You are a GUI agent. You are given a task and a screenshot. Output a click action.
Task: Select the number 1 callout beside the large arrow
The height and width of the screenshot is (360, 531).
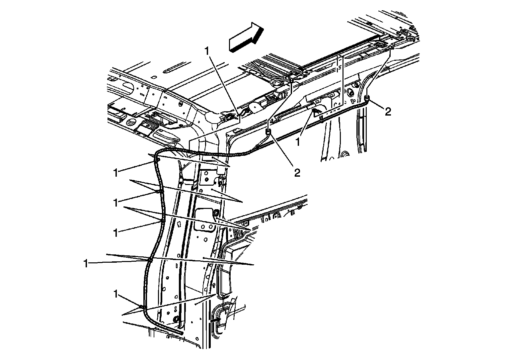coord(207,51)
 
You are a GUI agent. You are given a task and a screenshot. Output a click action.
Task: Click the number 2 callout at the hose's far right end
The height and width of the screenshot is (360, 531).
coord(388,112)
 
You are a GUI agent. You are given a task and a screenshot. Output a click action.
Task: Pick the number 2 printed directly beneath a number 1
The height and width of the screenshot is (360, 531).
coord(297,173)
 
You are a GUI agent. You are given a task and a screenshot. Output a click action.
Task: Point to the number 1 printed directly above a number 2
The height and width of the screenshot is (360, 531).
coord(298,142)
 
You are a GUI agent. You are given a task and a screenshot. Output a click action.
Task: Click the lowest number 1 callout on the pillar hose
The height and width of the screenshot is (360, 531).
coord(116,294)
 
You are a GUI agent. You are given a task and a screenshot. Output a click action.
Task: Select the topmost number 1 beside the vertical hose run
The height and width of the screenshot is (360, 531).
coord(116,173)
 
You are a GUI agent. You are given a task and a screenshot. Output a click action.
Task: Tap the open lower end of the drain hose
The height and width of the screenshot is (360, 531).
coord(182,333)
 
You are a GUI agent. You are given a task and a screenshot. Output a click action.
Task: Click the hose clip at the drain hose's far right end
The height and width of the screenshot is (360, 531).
coord(367,97)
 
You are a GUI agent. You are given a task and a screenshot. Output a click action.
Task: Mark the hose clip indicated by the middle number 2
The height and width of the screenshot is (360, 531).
coord(268,132)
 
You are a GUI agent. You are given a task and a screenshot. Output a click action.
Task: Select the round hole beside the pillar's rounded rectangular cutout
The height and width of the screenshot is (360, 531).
coord(216,212)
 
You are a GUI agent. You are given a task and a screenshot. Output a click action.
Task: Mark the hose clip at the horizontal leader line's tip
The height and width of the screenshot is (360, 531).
coord(150,260)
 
